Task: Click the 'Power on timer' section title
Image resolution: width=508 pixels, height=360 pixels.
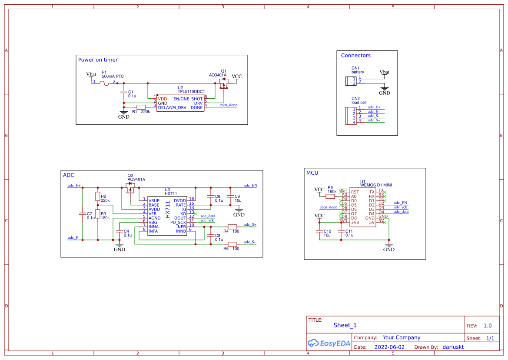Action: (x=98, y=60)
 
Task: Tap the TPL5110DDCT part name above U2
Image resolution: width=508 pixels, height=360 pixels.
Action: (x=191, y=92)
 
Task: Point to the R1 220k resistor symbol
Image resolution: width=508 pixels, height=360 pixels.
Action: (x=141, y=107)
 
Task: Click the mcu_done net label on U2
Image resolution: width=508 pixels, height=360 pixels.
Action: (x=229, y=105)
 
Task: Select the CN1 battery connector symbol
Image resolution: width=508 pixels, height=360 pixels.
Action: (x=350, y=81)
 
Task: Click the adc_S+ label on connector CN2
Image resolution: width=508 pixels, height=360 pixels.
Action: (x=374, y=120)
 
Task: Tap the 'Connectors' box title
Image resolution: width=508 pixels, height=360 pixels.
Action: (x=355, y=56)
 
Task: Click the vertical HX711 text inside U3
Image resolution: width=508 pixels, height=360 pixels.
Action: (x=168, y=209)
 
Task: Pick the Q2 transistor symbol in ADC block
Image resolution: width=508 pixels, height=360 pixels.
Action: (x=130, y=187)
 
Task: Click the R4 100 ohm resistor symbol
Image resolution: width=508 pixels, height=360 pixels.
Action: (x=232, y=227)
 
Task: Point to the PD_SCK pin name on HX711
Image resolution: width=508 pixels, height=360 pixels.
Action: (x=178, y=223)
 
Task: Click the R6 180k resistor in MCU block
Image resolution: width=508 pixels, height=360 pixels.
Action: (x=330, y=196)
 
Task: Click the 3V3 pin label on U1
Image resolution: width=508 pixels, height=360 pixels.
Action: (x=355, y=223)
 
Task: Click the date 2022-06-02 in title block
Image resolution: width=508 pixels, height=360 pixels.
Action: (x=389, y=347)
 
